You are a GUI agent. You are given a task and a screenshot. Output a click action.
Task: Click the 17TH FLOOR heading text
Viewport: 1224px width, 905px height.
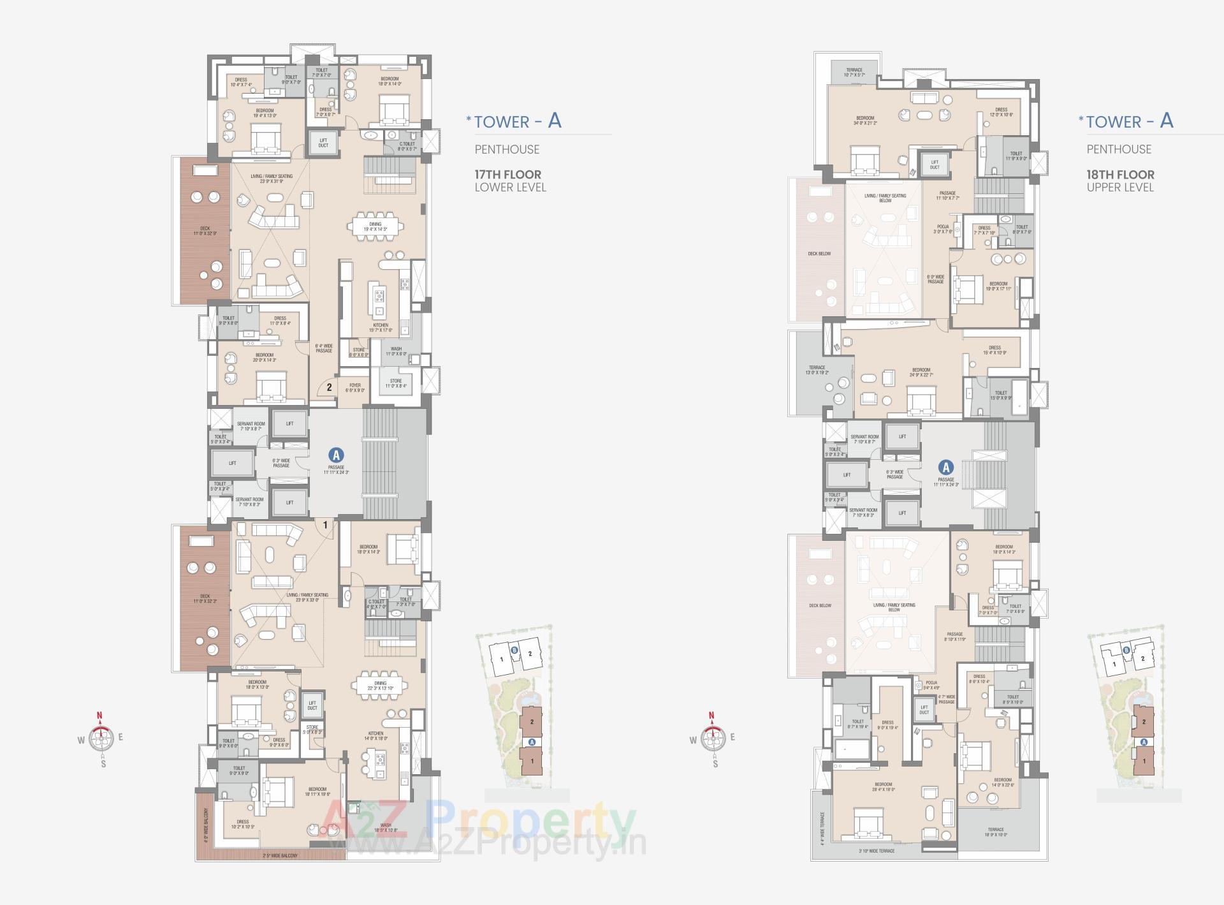pyautogui.click(x=507, y=174)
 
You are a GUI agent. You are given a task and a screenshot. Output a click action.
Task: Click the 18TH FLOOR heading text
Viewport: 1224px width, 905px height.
pyautogui.click(x=1120, y=174)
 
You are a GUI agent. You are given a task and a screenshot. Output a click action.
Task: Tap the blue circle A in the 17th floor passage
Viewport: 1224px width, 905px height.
pyautogui.click(x=336, y=455)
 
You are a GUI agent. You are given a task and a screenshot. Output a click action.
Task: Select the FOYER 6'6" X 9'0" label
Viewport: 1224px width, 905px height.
pyautogui.click(x=355, y=388)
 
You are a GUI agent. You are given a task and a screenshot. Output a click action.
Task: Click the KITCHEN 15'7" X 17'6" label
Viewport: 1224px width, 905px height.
pyautogui.click(x=381, y=328)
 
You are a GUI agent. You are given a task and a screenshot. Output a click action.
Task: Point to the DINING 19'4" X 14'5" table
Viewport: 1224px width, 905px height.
pyautogui.click(x=375, y=226)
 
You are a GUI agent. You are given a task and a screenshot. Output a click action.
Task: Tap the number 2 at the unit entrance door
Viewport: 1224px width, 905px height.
pyautogui.click(x=329, y=386)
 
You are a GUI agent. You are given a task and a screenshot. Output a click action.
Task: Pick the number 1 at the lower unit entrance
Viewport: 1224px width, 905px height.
pyautogui.click(x=325, y=526)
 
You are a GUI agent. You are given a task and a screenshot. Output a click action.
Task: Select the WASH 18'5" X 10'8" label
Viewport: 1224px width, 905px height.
pyautogui.click(x=385, y=828)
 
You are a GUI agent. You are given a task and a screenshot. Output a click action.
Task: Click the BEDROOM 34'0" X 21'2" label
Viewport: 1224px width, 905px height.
pyautogui.click(x=865, y=121)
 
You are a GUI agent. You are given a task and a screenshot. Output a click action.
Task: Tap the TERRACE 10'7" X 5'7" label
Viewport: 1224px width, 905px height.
pyautogui.click(x=854, y=73)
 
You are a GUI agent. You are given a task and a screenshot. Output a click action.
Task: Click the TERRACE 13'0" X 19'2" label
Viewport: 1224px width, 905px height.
pyautogui.click(x=817, y=370)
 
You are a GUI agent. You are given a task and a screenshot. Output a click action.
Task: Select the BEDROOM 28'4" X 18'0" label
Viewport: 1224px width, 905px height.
pyautogui.click(x=883, y=787)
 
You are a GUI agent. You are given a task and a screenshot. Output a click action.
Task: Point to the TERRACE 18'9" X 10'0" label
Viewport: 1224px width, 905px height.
pyautogui.click(x=995, y=832)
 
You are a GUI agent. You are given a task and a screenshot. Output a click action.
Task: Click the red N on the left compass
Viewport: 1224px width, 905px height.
pyautogui.click(x=99, y=715)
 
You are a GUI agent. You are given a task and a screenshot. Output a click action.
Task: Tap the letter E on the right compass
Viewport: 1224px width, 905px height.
pyautogui.click(x=732, y=737)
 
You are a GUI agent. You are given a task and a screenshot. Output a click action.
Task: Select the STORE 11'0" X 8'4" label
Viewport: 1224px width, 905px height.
pyautogui.click(x=396, y=383)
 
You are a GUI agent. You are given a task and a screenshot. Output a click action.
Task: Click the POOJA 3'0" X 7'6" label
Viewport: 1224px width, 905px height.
pyautogui.click(x=943, y=229)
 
